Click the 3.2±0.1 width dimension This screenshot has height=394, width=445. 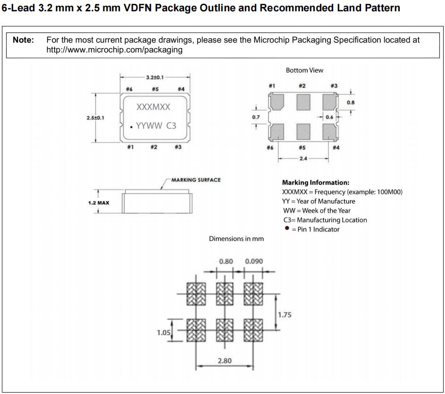[155, 77]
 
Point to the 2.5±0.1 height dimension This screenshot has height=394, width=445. [95, 117]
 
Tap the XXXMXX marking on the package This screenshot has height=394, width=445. [153, 107]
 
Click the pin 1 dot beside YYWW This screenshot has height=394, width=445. [132, 126]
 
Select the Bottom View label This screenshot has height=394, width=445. [304, 70]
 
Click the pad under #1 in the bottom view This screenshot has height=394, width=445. [277, 101]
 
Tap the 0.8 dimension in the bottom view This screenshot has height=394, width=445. [351, 102]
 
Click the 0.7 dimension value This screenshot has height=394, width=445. [256, 117]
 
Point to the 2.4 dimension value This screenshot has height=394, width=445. [303, 159]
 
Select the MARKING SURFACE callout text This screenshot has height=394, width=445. [196, 180]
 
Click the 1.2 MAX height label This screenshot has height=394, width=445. [99, 203]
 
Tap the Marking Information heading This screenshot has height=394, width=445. [315, 183]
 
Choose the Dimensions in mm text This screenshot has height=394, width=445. [236, 239]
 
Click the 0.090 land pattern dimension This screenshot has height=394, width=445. [254, 261]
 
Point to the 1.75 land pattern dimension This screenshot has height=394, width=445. [285, 315]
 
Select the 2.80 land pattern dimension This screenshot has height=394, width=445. [224, 361]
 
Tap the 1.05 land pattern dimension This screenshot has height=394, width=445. [164, 333]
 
